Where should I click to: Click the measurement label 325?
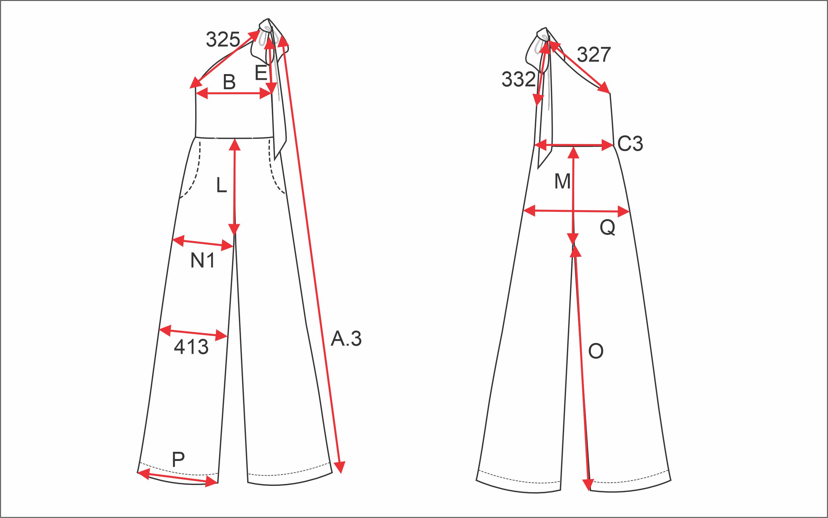pos(223,39)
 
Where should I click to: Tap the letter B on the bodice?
pos(229,82)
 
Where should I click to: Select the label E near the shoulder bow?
pos(261,73)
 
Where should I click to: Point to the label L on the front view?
pos(222,186)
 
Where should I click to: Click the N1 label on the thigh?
pos(202,261)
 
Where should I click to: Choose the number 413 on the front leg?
pos(191,347)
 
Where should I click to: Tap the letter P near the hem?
pos(178,460)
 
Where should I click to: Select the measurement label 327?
pos(594,55)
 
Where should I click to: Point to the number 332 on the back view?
pos(519,79)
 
